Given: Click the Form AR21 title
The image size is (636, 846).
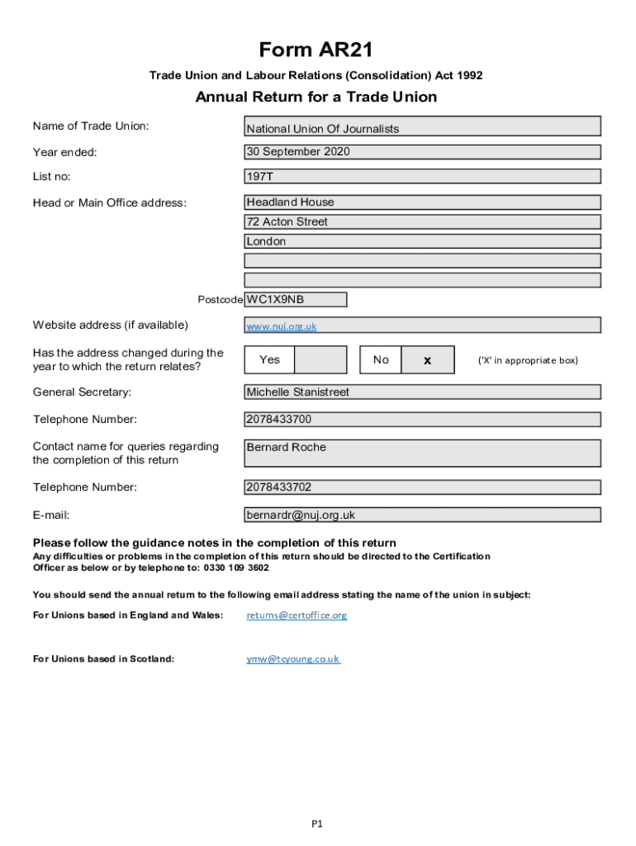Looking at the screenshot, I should pos(316,50).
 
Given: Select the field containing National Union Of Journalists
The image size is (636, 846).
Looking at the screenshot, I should pos(422,127).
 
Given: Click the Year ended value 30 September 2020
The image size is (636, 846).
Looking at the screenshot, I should pos(422,152).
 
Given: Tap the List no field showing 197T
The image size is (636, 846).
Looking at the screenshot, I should pos(422,176).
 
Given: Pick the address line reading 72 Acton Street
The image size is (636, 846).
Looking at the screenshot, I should pos(422,221).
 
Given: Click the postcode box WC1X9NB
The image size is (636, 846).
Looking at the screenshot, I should pos(295,299).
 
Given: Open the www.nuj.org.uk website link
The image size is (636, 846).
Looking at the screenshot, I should pos(281,326).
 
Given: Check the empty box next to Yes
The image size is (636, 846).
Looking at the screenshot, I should pos(320,359).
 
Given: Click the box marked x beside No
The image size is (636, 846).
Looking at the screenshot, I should pos(427,360).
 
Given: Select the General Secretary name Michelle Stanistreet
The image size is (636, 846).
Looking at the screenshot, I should pos(422,392).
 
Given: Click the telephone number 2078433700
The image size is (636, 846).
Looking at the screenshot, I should pos(422,419).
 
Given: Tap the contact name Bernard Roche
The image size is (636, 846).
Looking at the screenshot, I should pos(422,452).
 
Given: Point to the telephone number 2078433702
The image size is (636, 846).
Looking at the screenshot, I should pos(422,487).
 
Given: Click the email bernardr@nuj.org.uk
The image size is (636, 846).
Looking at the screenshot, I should pos(422,515).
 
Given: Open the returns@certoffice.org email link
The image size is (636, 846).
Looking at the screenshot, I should pos(297,615).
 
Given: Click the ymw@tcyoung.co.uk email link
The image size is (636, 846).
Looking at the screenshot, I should pos(292,659).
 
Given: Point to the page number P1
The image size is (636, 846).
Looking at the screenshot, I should pos(316,823).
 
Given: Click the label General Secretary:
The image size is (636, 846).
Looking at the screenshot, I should pos(82,392).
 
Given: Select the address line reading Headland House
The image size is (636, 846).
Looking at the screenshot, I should pos(422,202).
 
